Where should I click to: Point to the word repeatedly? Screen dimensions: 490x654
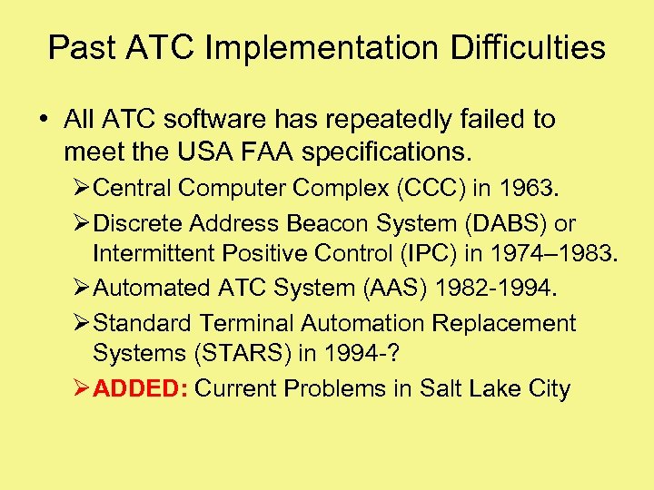point(375,120)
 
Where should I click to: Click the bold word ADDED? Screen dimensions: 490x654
point(141,389)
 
